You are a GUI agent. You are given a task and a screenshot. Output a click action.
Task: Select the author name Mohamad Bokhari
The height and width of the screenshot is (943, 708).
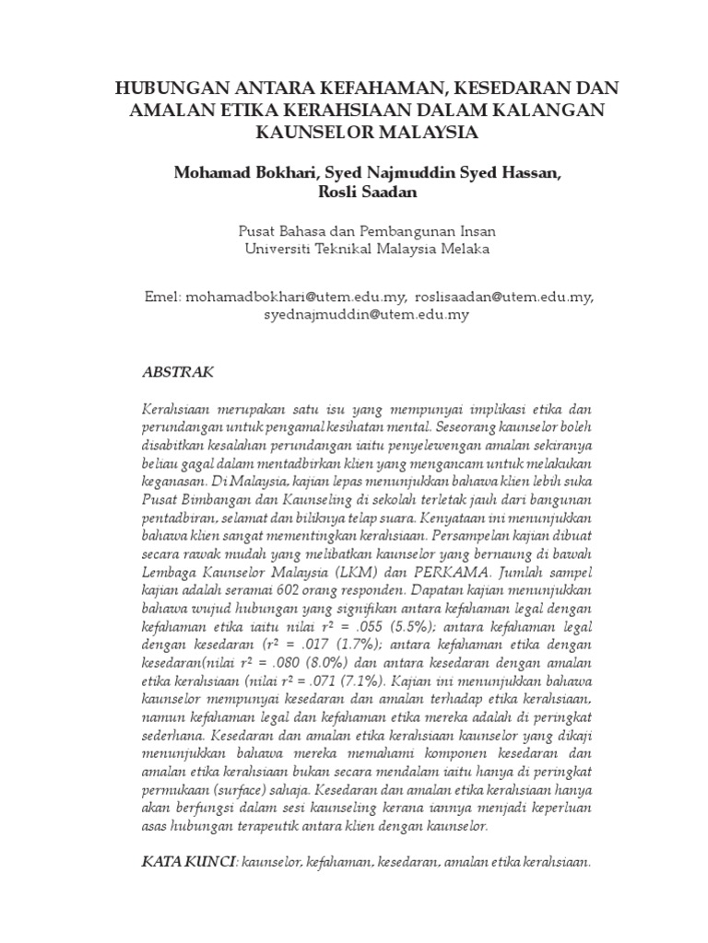click(x=242, y=172)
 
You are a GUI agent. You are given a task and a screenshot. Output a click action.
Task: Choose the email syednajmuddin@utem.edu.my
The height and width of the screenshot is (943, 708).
click(x=367, y=314)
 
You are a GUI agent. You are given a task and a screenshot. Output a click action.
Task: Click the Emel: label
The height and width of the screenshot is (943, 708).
click(x=164, y=297)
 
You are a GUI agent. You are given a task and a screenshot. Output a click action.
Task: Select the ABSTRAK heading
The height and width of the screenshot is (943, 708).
click(x=179, y=373)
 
